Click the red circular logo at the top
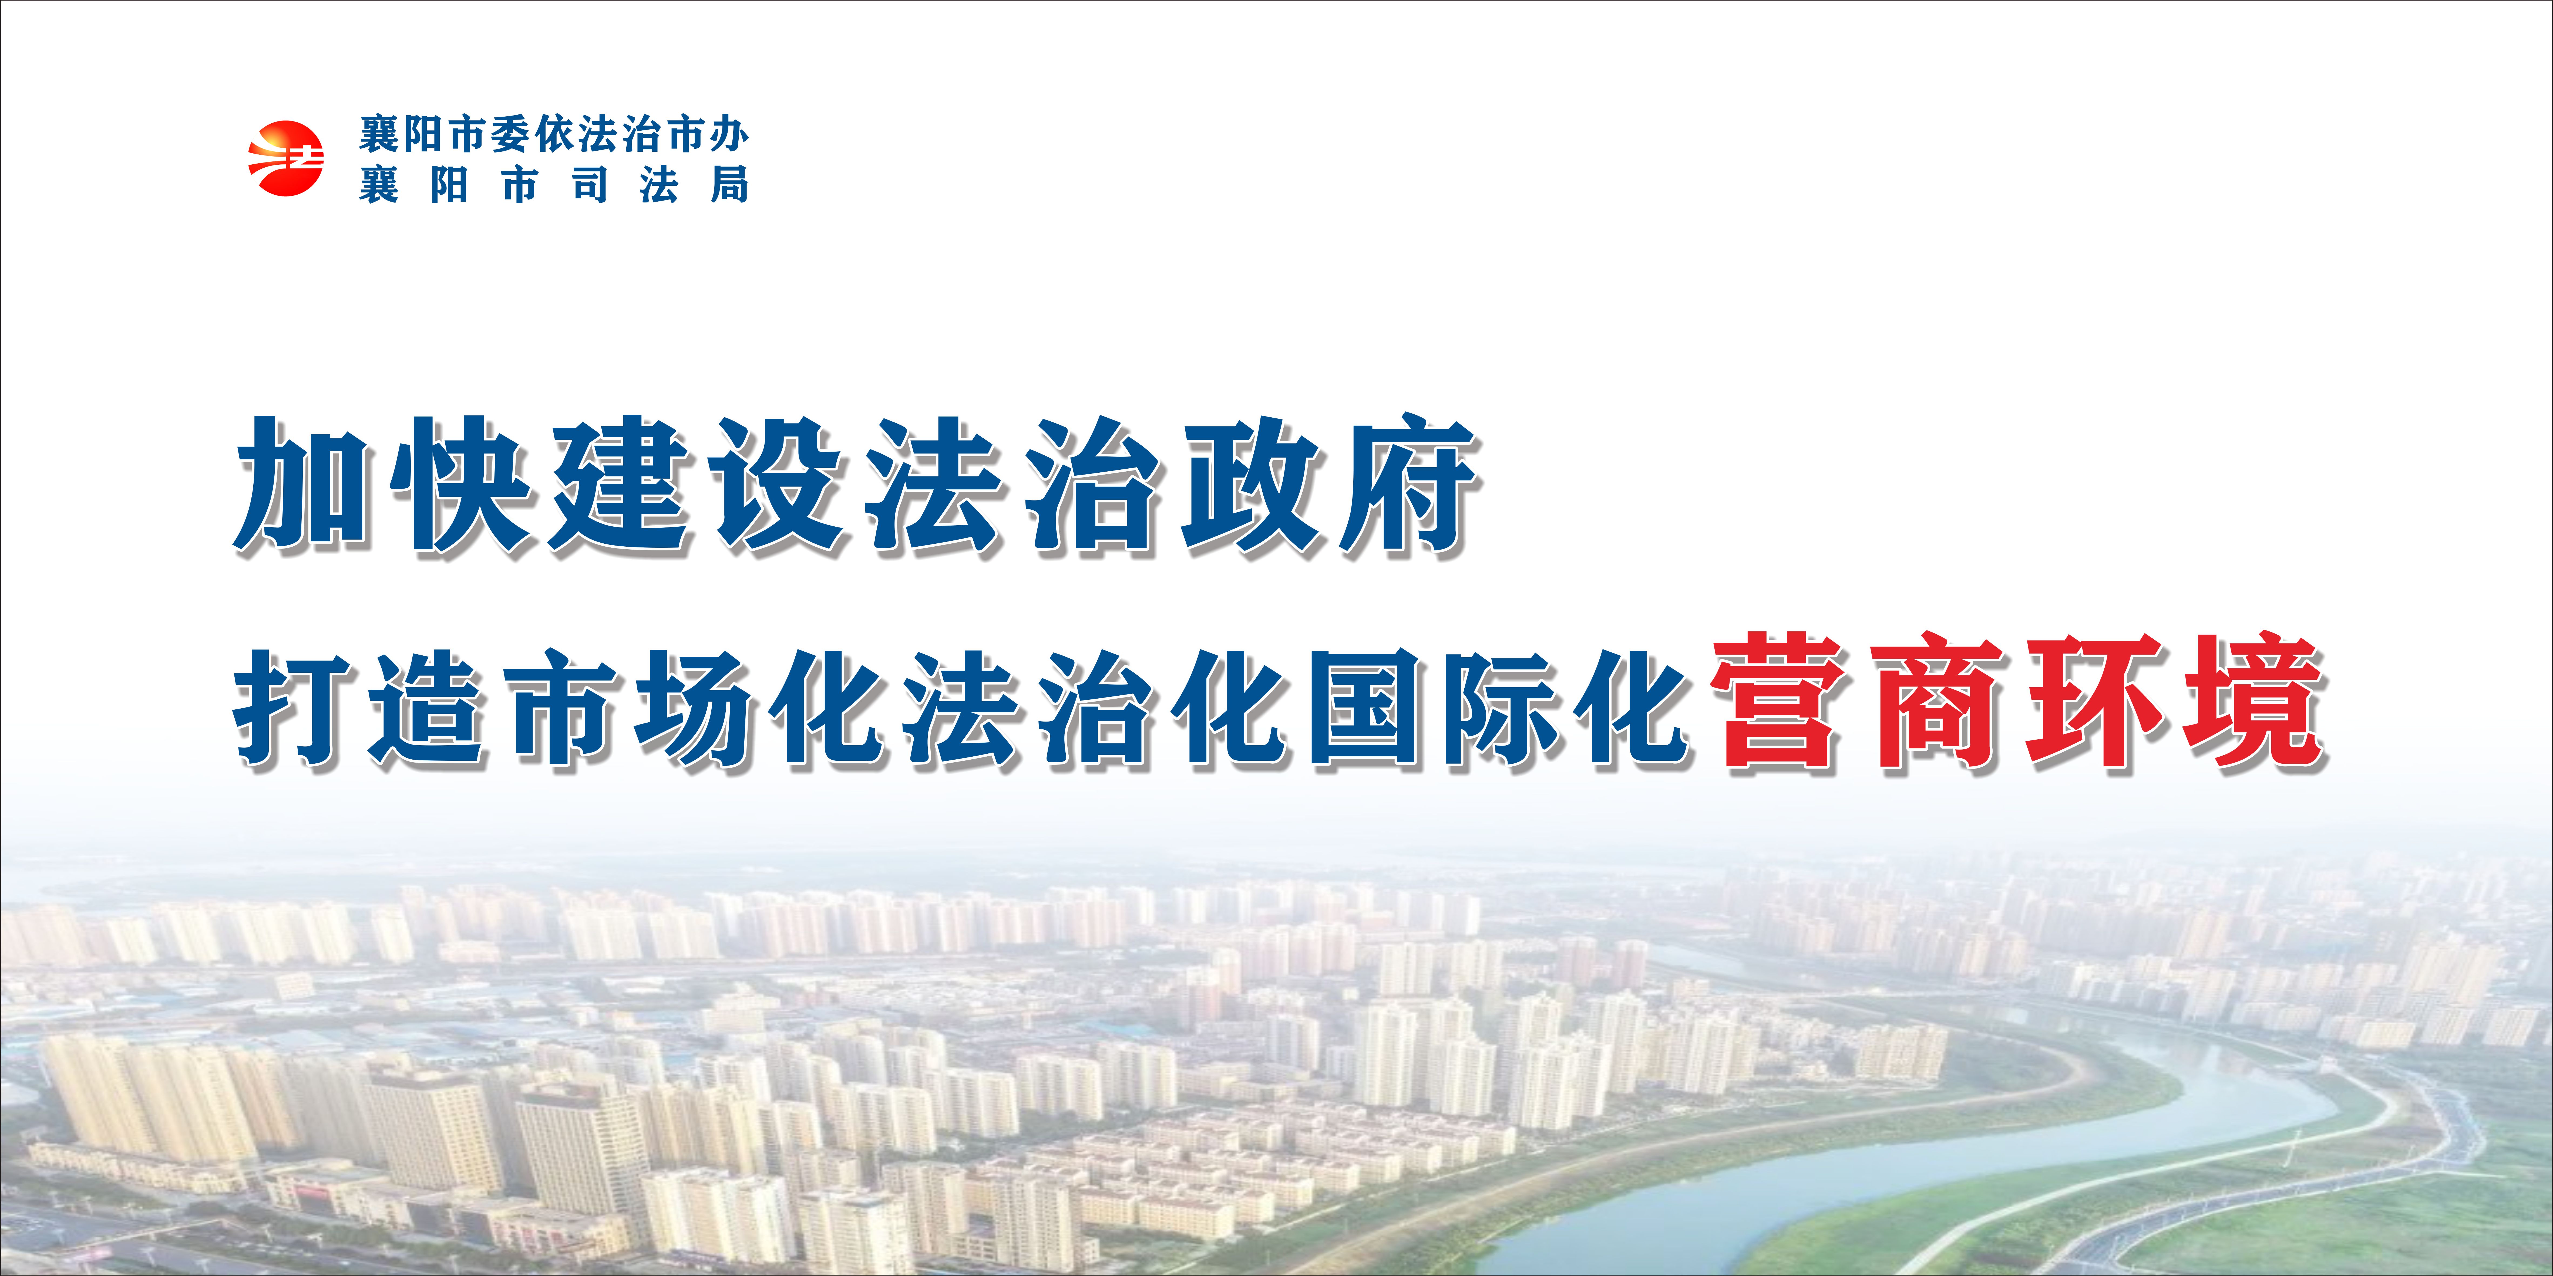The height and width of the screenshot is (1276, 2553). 285,158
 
